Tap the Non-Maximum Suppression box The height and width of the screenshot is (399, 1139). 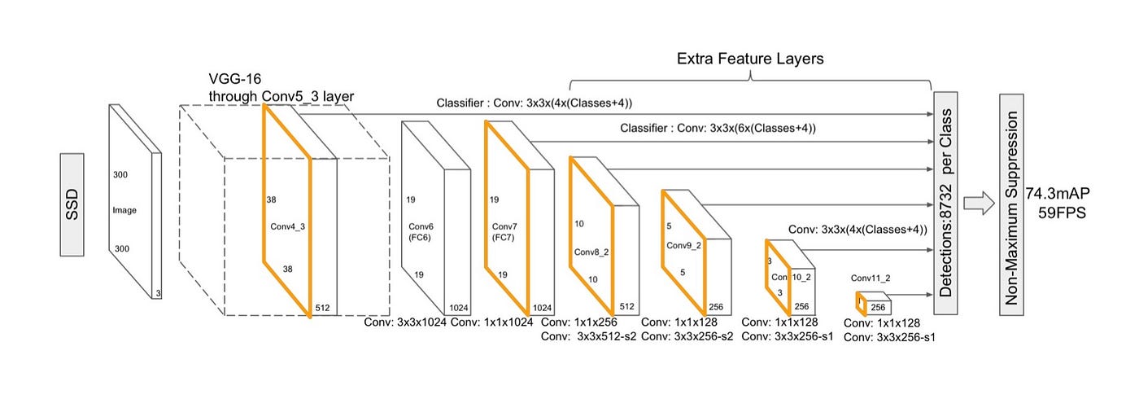[1011, 204]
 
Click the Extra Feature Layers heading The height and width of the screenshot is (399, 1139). [751, 59]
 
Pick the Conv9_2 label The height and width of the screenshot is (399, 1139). [683, 244]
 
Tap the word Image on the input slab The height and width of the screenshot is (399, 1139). [124, 210]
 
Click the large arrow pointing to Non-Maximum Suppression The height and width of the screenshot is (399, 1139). [979, 204]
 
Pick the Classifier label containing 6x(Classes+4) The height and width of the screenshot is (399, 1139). [718, 129]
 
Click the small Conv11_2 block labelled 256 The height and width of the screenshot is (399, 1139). [876, 307]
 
